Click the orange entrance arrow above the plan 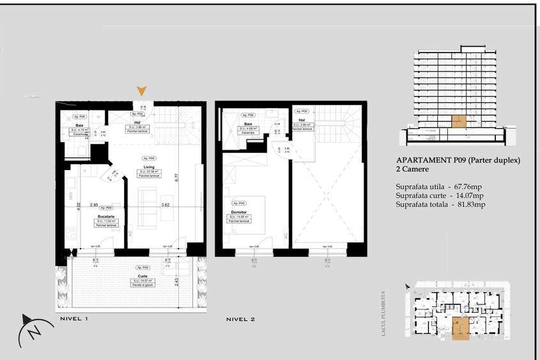coord(142,91)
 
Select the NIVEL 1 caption coord(73,318)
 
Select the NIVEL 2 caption coord(240,318)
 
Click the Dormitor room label coord(238,212)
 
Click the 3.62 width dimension coord(166,205)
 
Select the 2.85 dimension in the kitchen coord(94,205)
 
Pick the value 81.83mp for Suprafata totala coord(468,205)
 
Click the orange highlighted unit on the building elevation coord(458,121)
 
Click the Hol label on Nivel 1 coord(137,123)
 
